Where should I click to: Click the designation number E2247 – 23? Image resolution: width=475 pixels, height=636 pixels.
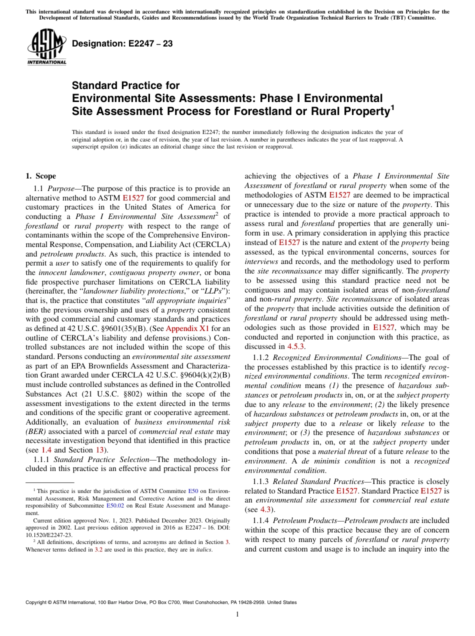tap(122, 43)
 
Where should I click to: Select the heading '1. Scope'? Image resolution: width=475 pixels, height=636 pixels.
tap(40, 176)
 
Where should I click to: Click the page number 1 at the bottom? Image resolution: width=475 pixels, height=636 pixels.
tap(237, 614)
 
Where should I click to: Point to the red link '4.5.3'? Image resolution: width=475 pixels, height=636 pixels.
tap(296, 346)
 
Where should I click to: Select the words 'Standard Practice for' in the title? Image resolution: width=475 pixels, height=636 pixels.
tap(126, 85)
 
